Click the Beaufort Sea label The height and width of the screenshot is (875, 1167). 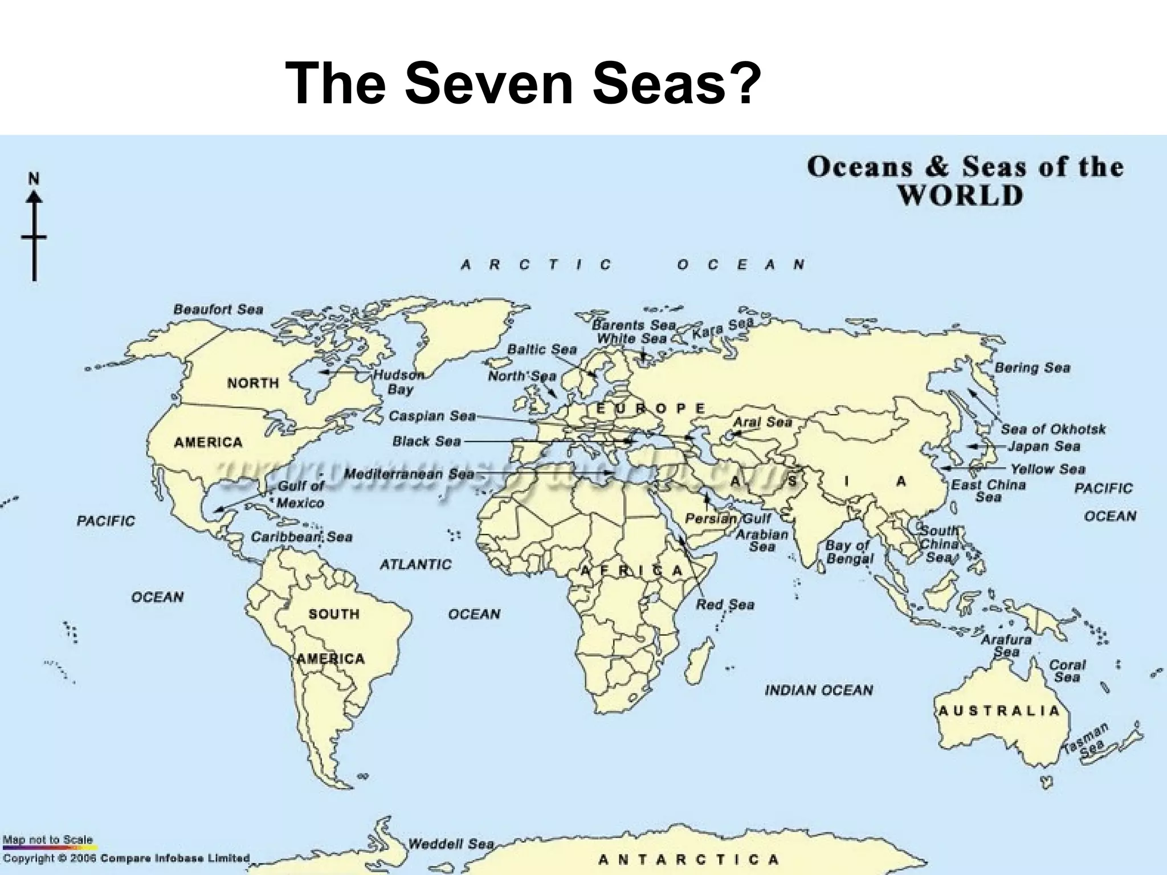[x=218, y=309]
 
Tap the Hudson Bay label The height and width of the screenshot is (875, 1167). [x=399, y=382]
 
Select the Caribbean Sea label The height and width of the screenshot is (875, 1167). [x=301, y=537]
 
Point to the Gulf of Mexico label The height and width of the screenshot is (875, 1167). [x=300, y=494]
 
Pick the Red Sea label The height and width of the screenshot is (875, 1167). [x=725, y=604]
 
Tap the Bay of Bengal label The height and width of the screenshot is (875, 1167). [x=849, y=551]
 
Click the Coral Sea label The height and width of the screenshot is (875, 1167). [x=1067, y=670]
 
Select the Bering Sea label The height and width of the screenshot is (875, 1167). [x=1032, y=367]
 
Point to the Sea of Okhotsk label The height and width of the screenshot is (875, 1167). [x=1053, y=429]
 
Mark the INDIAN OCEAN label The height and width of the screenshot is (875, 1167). [x=818, y=690]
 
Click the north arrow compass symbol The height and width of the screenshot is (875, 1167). [x=34, y=228]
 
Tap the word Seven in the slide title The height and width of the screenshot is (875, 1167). [x=488, y=84]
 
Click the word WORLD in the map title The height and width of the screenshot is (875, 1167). [x=960, y=195]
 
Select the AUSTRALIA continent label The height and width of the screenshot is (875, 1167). [x=998, y=710]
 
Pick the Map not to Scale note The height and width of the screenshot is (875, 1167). [x=47, y=840]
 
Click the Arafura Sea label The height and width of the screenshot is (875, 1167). [x=1006, y=645]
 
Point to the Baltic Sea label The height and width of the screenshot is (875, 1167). [x=542, y=349]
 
